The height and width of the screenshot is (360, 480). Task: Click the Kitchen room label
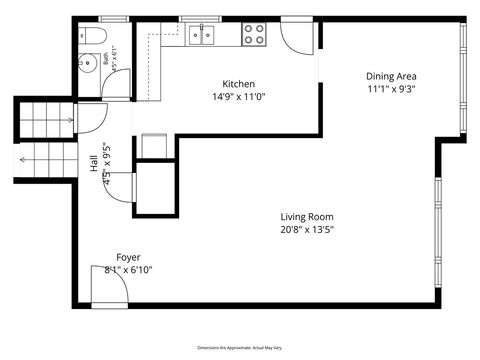pos(238,84)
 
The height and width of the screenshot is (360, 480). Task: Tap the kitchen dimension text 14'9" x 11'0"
pos(238,97)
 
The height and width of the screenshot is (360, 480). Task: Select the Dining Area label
pos(391,76)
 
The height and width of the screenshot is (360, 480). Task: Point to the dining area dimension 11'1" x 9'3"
pos(391,89)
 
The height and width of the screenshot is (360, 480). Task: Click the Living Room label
pos(306,216)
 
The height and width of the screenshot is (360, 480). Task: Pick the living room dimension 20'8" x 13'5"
pos(306,229)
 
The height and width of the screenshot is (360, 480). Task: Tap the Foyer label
pos(128,257)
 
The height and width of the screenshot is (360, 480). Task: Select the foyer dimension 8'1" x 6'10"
pos(128,270)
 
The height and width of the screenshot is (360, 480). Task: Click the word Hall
pos(94,164)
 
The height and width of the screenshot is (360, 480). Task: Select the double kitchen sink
pos(203,36)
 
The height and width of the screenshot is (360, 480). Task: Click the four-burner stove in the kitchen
pos(254,35)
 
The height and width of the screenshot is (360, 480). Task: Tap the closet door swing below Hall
pos(120,186)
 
